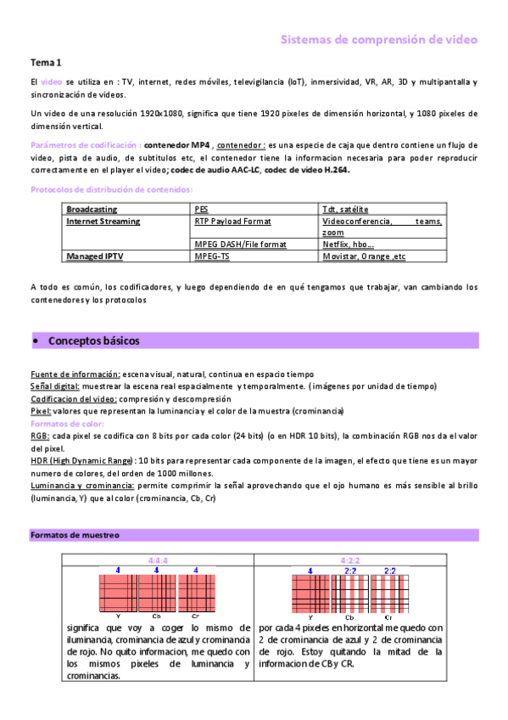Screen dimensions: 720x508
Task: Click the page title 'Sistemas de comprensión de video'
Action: [378, 39]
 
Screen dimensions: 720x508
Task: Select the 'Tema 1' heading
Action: [46, 63]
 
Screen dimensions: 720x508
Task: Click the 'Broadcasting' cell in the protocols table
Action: [92, 209]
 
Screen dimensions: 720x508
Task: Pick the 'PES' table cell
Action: [201, 209]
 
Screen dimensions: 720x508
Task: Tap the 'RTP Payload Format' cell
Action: [232, 221]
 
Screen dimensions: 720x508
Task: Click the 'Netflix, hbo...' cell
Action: [349, 244]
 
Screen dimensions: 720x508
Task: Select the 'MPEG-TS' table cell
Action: [212, 255]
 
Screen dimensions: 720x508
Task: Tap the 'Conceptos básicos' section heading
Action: [93, 340]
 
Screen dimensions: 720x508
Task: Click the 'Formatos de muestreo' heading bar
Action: [75, 536]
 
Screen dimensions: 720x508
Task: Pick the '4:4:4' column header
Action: [158, 560]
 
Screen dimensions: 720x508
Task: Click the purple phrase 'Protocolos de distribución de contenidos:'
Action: [111, 189]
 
